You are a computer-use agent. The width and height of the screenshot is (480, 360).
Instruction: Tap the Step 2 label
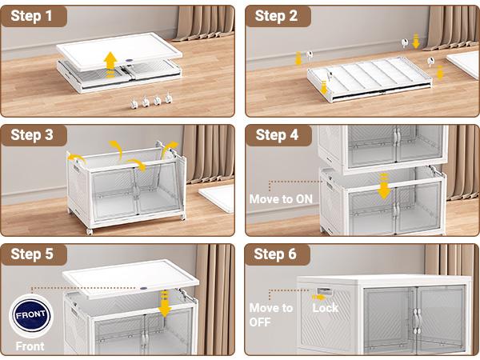point(277,16)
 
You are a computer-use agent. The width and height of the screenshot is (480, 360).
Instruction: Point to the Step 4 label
point(277,135)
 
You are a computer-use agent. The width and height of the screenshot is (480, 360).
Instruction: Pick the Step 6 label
point(277,254)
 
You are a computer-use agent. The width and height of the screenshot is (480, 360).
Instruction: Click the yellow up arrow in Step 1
point(110,60)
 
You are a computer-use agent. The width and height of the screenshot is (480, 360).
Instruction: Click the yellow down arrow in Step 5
point(165,305)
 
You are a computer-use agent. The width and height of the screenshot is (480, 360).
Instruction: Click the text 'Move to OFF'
point(271,314)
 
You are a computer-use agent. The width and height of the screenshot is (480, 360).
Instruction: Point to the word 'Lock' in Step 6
point(325,308)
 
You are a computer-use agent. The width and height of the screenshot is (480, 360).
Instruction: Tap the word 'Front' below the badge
point(30,346)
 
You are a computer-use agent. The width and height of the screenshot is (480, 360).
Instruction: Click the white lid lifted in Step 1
point(120,50)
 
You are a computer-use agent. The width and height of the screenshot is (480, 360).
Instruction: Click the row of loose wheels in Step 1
point(150,102)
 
